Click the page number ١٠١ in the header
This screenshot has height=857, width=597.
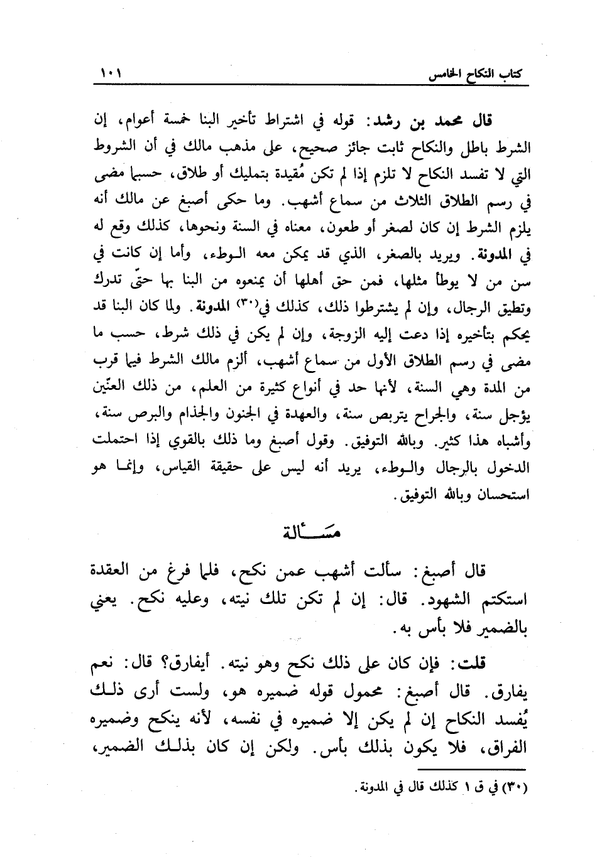pyautogui.click(x=111, y=74)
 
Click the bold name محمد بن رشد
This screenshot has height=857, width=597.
pyautogui.click(x=446, y=119)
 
